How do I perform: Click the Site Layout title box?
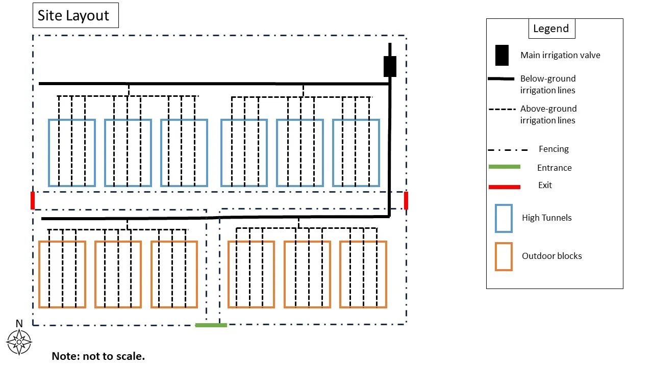(x=76, y=15)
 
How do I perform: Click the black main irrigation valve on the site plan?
(x=390, y=66)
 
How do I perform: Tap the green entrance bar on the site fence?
(x=211, y=325)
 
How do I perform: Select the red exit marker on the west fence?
(x=33, y=200)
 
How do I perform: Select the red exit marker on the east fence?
(x=406, y=200)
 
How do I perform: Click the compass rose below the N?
(x=19, y=342)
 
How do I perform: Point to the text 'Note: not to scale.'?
(x=98, y=356)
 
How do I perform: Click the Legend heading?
(x=551, y=29)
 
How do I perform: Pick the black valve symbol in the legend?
(x=501, y=55)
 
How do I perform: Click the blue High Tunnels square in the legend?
(x=504, y=218)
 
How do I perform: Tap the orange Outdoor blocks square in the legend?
(x=504, y=256)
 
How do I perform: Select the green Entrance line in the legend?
(x=504, y=167)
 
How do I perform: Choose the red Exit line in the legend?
(x=504, y=187)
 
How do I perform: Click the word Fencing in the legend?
(x=554, y=149)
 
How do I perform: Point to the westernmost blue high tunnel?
(x=72, y=153)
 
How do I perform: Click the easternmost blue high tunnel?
(x=356, y=153)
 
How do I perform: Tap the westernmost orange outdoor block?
(x=62, y=274)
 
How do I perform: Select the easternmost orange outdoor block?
(x=363, y=274)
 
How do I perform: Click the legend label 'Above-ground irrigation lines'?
(x=548, y=114)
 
